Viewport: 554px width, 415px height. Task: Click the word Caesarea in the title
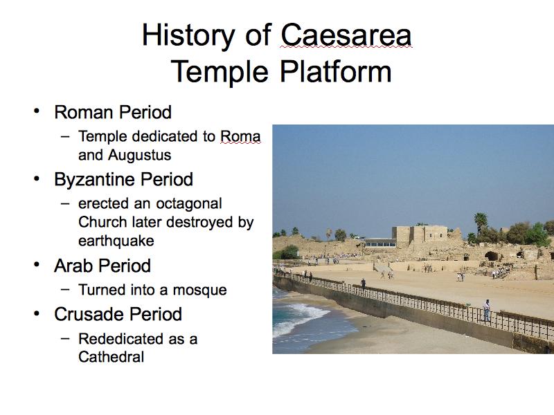[x=346, y=35]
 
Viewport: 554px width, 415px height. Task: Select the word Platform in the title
[x=336, y=71]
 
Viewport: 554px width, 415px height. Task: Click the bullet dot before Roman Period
[x=37, y=111]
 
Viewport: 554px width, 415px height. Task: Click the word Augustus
[x=140, y=155]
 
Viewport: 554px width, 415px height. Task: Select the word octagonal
[x=189, y=204]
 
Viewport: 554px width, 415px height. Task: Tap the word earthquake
[x=116, y=241]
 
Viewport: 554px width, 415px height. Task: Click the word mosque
[x=199, y=290]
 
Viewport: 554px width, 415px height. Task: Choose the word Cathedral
[x=111, y=357]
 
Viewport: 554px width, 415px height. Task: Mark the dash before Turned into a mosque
[x=65, y=288]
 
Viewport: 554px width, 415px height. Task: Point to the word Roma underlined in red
[x=240, y=136]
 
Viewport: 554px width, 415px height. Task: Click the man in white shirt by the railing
[x=487, y=311]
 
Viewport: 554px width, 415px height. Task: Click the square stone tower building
[x=420, y=236]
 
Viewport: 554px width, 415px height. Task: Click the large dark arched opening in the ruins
[x=491, y=256]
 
